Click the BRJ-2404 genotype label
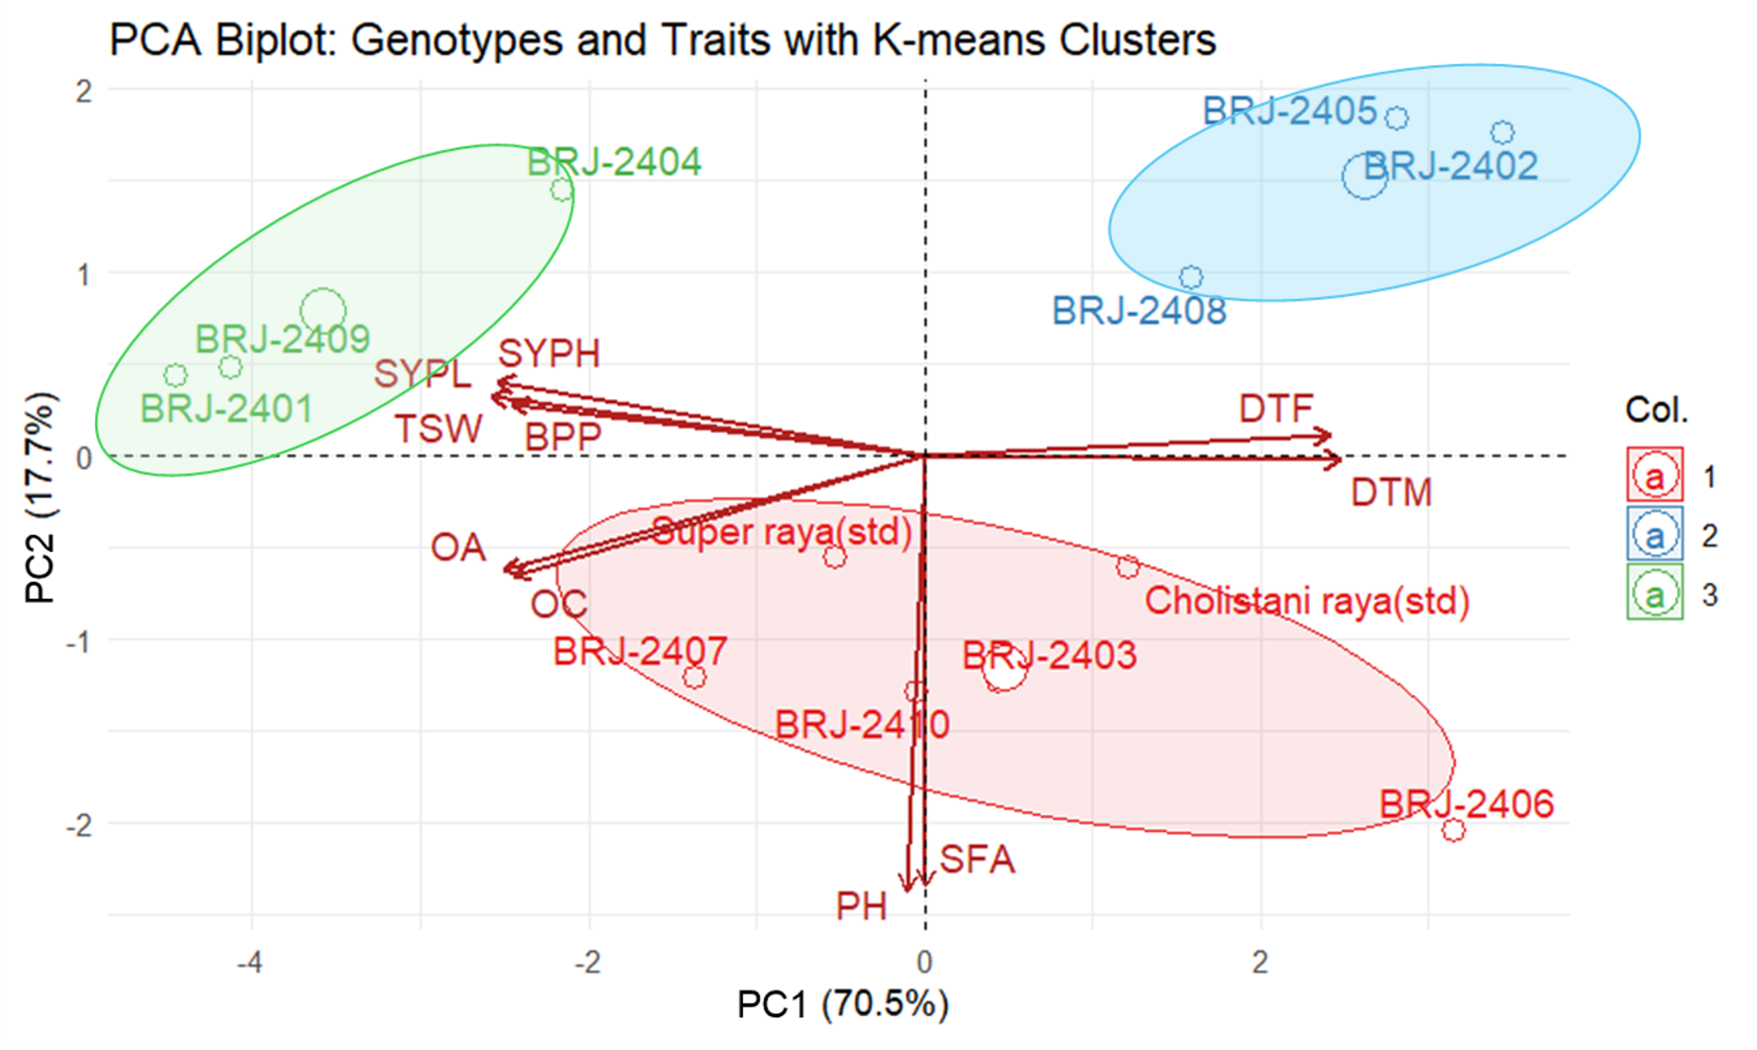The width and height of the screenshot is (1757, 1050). click(614, 162)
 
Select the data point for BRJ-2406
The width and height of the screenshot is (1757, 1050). click(1453, 830)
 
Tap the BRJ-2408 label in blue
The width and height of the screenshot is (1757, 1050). click(1139, 310)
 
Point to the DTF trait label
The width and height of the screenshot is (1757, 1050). click(1276, 409)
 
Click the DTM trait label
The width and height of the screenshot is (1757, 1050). click(1391, 492)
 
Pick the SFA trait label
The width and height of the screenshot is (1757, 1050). click(977, 859)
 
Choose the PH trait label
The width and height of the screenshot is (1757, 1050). click(861, 907)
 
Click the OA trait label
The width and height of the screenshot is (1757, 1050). click(458, 547)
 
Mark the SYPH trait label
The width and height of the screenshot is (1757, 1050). click(549, 354)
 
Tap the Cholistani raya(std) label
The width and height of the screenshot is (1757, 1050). click(1307, 601)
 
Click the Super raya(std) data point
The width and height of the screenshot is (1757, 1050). click(835, 557)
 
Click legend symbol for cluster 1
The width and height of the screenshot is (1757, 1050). click(1655, 476)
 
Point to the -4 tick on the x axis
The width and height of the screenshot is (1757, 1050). click(249, 962)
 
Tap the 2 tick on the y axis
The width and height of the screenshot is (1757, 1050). click(84, 92)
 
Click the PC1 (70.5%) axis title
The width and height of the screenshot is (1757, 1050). click(842, 1005)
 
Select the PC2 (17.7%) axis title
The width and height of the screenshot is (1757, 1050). click(40, 497)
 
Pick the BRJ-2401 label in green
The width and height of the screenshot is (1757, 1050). click(226, 409)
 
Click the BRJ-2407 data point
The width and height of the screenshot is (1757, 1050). click(694, 676)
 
